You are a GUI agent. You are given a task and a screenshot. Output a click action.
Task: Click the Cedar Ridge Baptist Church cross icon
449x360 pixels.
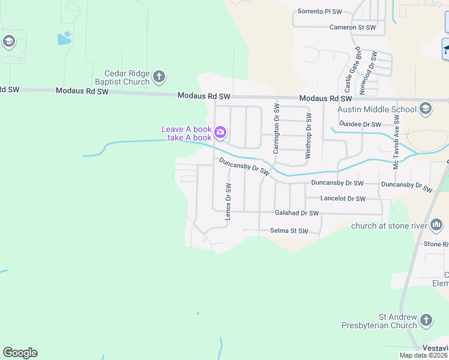coord(159,76)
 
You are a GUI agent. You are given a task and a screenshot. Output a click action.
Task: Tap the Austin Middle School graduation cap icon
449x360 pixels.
coord(426,109)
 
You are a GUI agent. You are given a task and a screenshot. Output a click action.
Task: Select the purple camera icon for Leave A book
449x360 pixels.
coord(220,132)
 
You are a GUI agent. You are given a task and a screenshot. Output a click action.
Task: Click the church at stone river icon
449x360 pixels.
coord(436,226)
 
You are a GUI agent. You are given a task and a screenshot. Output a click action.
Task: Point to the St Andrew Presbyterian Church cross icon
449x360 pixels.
coord(426,320)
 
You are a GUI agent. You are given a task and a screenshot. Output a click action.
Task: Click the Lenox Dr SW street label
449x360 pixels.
coord(228,202)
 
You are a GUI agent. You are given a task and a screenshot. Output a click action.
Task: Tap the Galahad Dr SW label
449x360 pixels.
coord(297,213)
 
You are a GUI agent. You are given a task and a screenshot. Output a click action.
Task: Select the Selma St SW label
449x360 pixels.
coord(289,231)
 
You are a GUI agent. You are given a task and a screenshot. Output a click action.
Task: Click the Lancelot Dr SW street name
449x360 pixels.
coord(343,199)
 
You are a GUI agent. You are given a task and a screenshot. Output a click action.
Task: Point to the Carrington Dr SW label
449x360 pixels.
coord(277,128)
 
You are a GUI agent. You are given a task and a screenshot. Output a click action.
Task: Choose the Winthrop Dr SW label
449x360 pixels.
coord(309,136)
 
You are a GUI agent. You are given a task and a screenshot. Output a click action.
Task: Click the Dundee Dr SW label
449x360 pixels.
coord(360,124)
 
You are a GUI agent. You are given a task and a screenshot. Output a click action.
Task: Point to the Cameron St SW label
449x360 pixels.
coord(352,27)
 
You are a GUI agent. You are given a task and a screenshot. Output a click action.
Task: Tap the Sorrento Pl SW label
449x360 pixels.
coord(320,11)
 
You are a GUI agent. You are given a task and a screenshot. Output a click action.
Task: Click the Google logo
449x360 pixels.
coord(20,353)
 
